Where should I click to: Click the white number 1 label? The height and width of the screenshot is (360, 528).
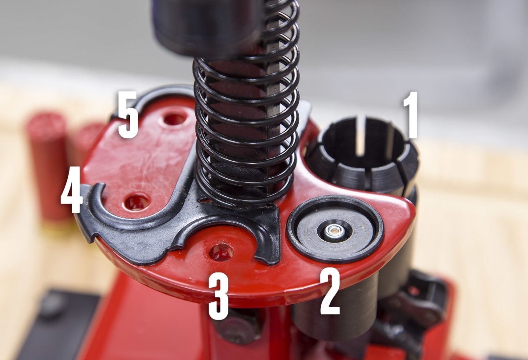coord(411,115)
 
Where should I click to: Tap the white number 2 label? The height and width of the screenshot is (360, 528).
coord(330,292)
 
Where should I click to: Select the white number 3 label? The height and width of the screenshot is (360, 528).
coord(219,297)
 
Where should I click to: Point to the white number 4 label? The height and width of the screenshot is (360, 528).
coord(72,190)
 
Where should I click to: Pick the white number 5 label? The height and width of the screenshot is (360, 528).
coord(128,114)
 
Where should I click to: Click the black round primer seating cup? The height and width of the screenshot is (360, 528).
coord(335,229)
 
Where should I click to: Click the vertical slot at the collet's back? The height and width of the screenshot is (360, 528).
coord(365,136)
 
